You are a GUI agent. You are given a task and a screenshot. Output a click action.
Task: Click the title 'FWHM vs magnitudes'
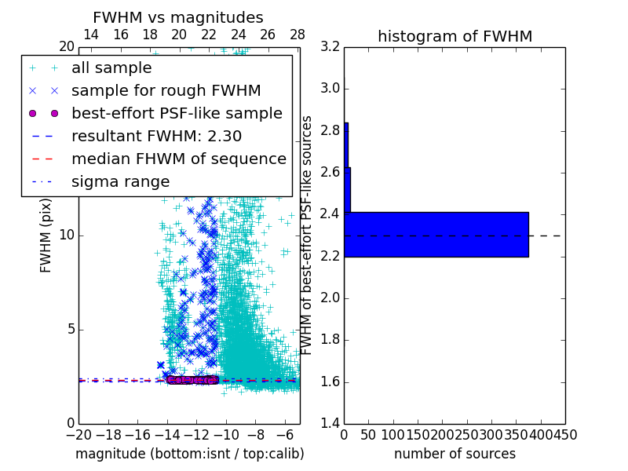tap(178, 17)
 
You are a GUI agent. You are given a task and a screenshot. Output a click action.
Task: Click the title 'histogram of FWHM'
tap(455, 36)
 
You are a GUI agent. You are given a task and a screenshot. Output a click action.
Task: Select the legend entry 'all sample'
tap(111, 68)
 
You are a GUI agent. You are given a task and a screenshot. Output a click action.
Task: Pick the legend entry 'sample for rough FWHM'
tap(166, 90)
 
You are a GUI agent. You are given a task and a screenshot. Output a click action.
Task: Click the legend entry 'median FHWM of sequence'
tap(178, 159)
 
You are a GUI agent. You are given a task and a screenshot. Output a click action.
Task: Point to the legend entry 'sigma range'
tap(120, 181)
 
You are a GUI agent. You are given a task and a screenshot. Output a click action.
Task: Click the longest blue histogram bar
tap(436, 234)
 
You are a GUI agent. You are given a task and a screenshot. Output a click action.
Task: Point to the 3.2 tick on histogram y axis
tap(330, 46)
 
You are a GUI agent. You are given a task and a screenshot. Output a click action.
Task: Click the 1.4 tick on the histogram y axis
tap(330, 423)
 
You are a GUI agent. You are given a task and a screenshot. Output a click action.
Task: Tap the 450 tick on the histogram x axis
tap(565, 434)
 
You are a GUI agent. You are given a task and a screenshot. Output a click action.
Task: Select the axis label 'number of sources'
tap(455, 454)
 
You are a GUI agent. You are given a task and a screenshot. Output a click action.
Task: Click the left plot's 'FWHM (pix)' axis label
tap(46, 235)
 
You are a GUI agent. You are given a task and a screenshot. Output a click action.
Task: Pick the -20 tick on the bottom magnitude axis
tap(78, 434)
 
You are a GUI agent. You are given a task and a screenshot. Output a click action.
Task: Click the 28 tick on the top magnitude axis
tap(298, 35)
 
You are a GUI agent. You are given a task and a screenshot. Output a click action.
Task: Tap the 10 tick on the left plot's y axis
tap(66, 235)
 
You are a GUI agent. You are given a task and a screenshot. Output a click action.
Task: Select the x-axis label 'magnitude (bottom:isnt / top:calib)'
tap(189, 454)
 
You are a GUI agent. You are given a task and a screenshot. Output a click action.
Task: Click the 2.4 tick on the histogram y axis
tap(330, 214)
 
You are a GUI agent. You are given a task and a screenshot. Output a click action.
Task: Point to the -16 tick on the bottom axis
tap(137, 434)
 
